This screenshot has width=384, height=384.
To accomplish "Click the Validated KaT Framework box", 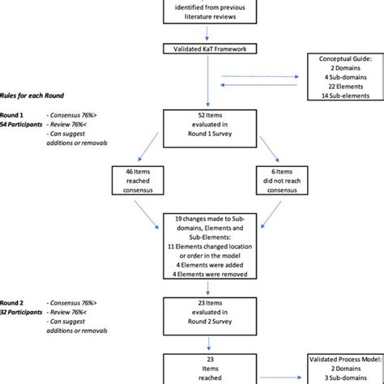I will click(x=210, y=49).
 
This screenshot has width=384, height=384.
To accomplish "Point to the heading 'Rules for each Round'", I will click(x=33, y=96).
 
